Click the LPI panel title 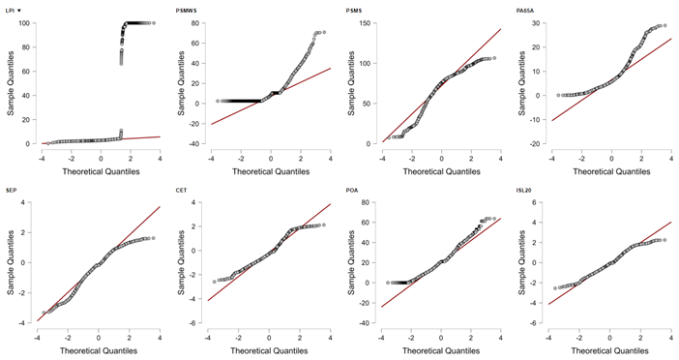tap(11, 10)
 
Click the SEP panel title tap(11, 191)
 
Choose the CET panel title tap(182, 191)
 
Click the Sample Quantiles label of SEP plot tap(11, 263)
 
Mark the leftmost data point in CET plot tap(215, 282)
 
